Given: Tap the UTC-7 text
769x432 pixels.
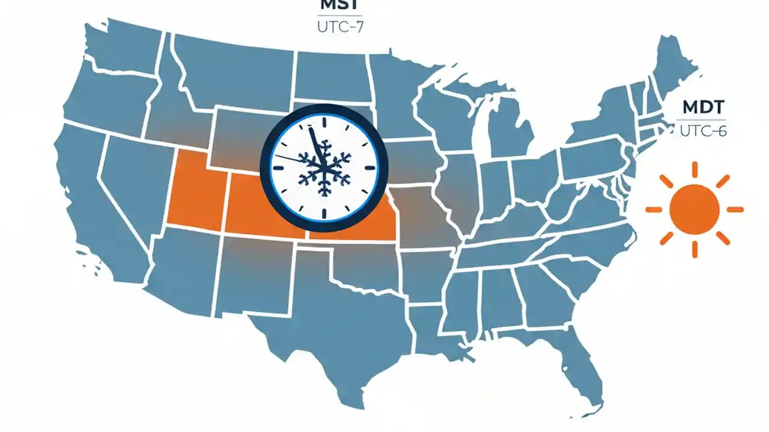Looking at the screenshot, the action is click(340, 27).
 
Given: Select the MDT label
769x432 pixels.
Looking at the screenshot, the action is click(704, 108).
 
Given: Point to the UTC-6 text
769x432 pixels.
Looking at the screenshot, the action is click(704, 131).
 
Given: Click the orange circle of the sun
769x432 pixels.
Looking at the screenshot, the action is click(694, 209).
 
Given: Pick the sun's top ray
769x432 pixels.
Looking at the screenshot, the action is click(694, 170).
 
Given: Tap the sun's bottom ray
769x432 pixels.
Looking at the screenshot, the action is click(694, 249).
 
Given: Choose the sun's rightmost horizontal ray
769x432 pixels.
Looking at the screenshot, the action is click(735, 209).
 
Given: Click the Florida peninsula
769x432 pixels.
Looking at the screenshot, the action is click(586, 366).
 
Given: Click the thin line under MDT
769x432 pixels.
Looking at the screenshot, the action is click(702, 121).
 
